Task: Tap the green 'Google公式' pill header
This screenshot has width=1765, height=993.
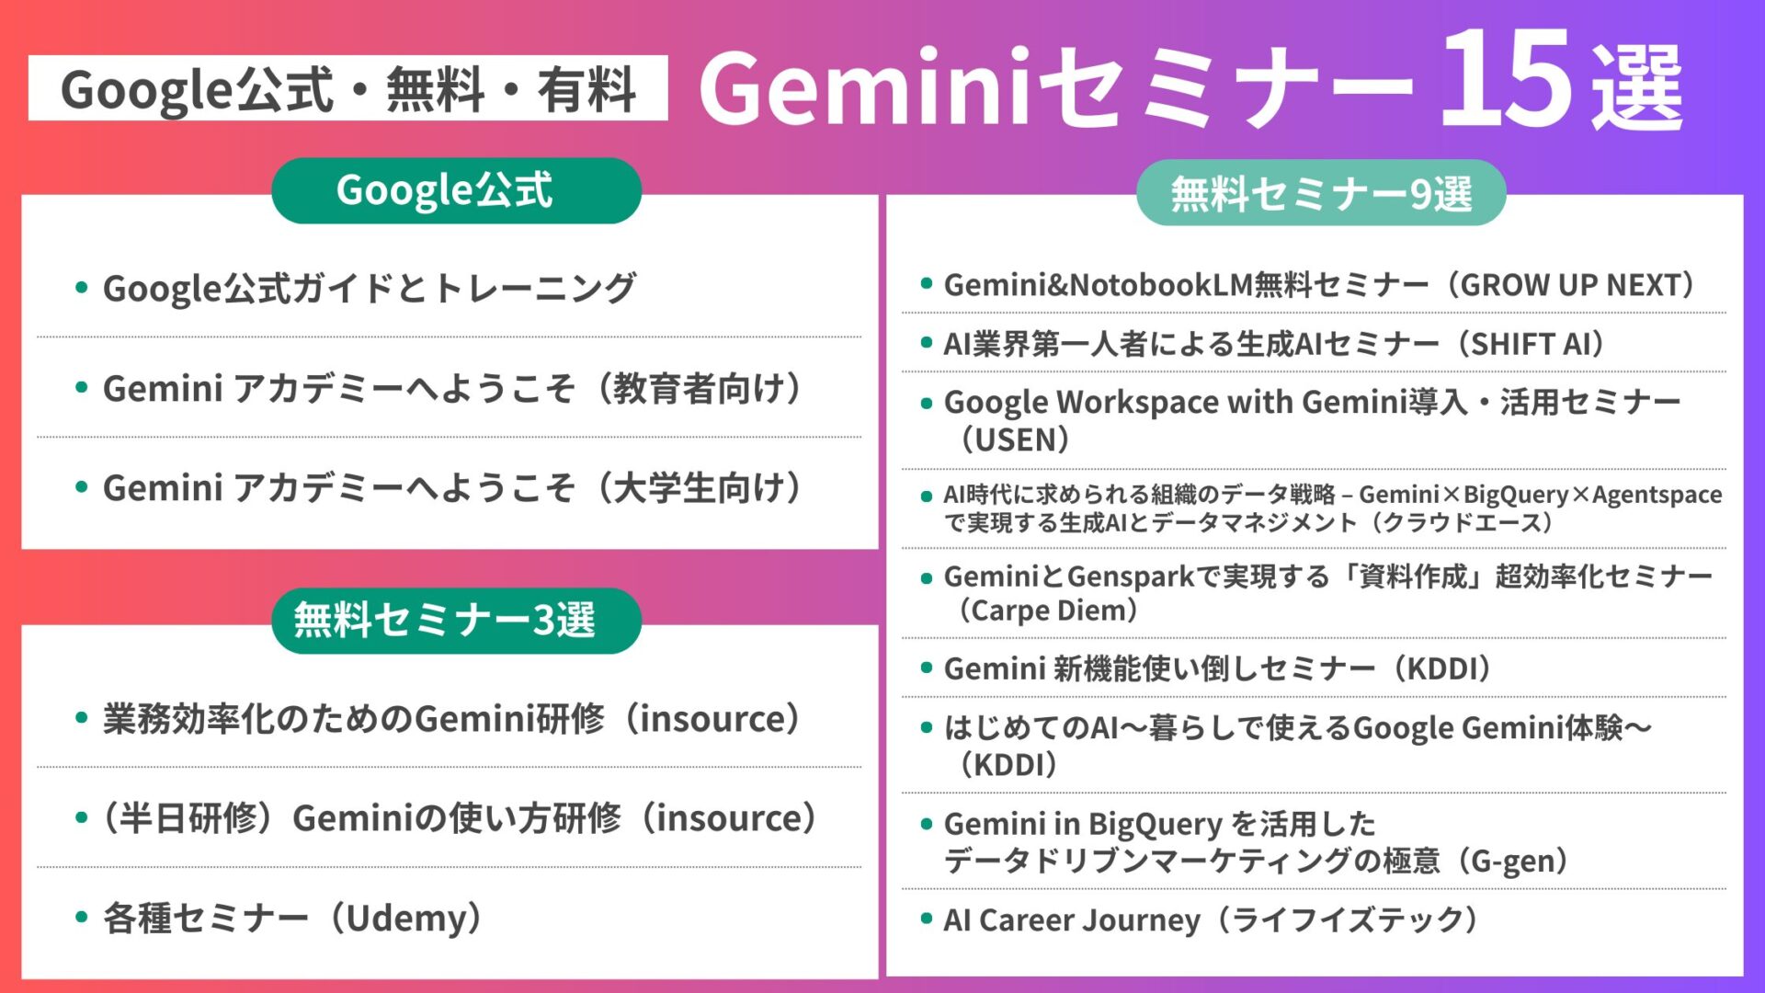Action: coord(456,190)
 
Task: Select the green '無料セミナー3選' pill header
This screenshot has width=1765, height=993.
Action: coord(456,621)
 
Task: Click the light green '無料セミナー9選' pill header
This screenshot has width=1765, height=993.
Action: coord(1321,193)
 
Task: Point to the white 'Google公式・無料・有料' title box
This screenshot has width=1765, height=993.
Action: coord(347,88)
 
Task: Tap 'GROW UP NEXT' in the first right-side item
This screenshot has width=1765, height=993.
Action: coord(1571,285)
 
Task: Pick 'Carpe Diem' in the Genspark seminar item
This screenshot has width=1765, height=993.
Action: coord(1048,611)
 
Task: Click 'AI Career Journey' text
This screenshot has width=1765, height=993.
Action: coord(1072,920)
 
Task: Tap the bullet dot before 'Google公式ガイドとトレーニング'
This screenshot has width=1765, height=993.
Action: coord(82,288)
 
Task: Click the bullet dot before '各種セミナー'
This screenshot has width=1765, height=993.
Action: coord(82,917)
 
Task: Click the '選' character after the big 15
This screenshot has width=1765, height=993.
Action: coord(1637,89)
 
